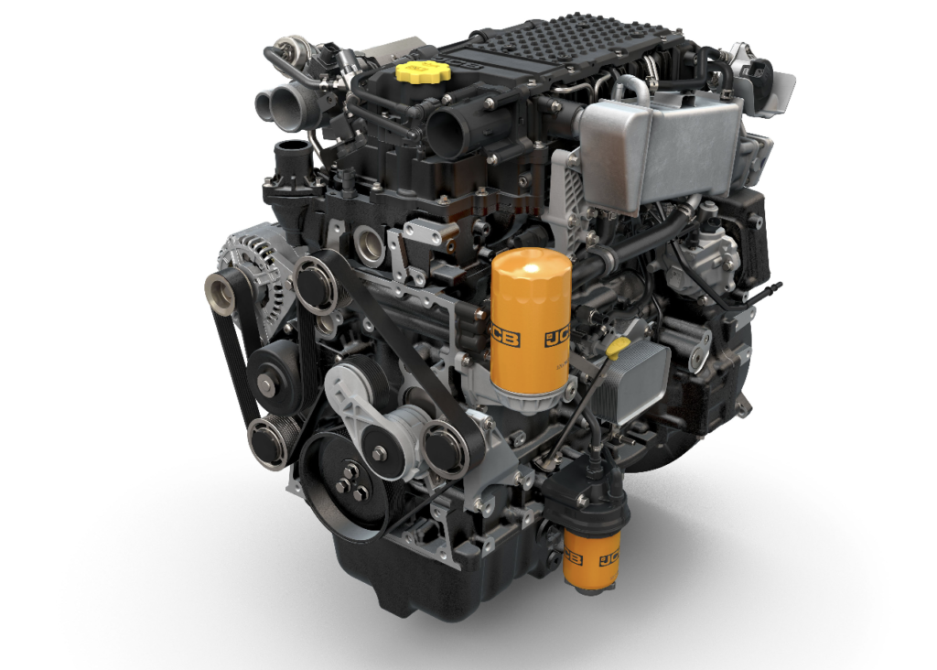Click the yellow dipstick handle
point(619,348)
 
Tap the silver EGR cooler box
point(661,149)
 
